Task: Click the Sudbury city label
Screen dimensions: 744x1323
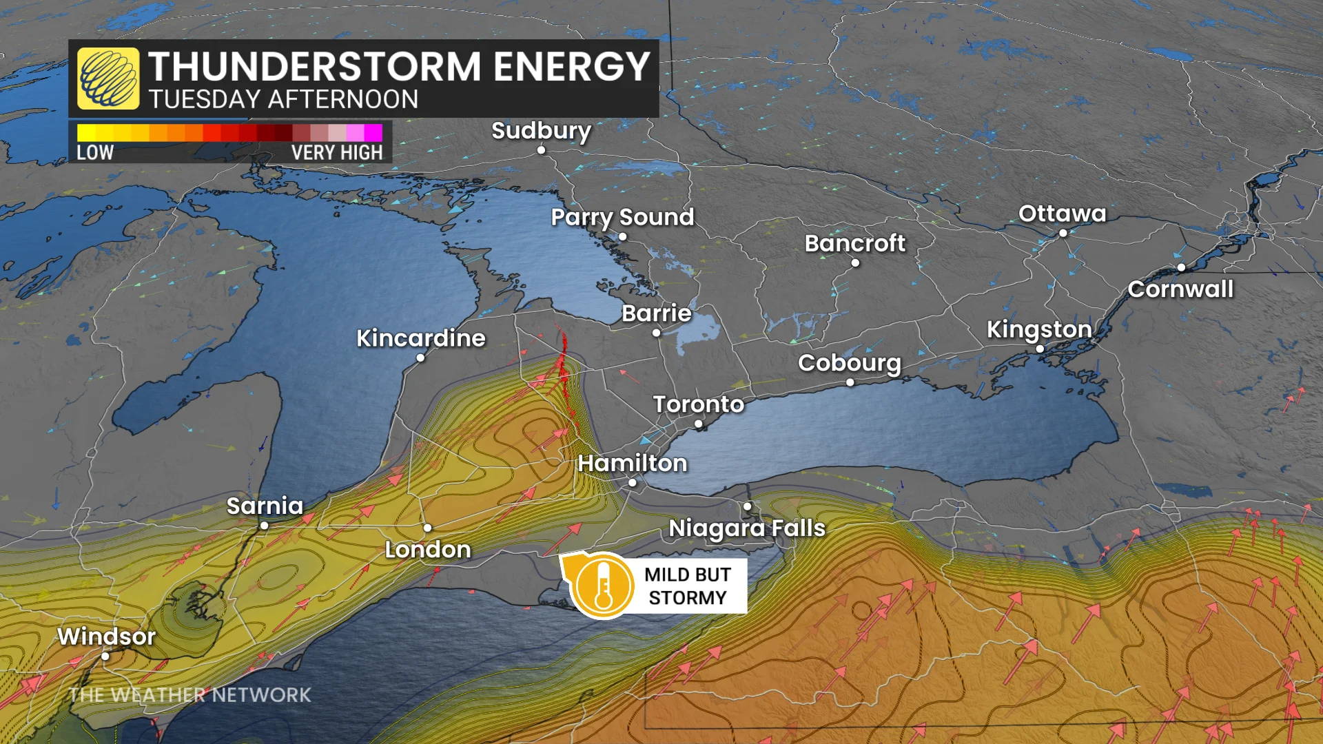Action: pos(541,130)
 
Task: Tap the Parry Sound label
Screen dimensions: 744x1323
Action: pos(622,217)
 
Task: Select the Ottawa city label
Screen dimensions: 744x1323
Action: pos(1062,214)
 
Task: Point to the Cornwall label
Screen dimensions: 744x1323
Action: pos(1180,289)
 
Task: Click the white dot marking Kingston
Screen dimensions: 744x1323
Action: pos(1040,349)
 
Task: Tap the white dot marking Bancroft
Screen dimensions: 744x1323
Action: pos(855,262)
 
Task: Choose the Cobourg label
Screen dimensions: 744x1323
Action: pos(849,363)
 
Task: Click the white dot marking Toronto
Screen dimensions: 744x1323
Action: pos(699,424)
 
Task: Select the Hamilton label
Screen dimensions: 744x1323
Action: pos(632,463)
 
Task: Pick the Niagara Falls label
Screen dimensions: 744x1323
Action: pos(747,528)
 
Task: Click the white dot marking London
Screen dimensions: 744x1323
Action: pos(428,528)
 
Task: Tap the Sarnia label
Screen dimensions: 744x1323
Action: pos(265,506)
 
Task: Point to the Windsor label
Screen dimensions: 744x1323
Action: pos(106,637)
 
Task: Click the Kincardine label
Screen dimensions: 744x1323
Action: pos(420,338)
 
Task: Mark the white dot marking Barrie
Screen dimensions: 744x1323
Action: pos(657,333)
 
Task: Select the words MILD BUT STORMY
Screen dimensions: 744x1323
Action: pos(688,586)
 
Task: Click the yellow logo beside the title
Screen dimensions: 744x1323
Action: pos(108,79)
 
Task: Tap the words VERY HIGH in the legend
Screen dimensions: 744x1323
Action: pos(336,152)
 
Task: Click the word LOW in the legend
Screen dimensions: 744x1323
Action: pos(95,152)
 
